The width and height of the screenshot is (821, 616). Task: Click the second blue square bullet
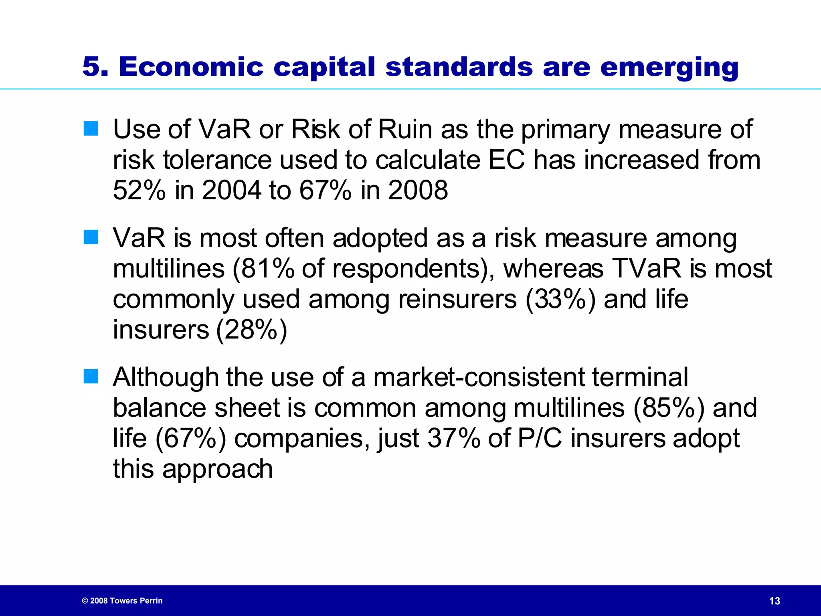point(91,237)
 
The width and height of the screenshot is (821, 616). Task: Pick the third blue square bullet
point(91,377)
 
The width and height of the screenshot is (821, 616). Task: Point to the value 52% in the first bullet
point(139,190)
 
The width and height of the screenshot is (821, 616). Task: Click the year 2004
point(231,190)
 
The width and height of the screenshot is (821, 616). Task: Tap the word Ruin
point(405,129)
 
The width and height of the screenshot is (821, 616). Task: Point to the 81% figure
point(267,268)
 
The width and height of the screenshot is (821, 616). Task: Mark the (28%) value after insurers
point(252,330)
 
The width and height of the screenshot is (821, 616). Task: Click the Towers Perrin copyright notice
point(122,601)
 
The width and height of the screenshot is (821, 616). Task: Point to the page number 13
point(774,601)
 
